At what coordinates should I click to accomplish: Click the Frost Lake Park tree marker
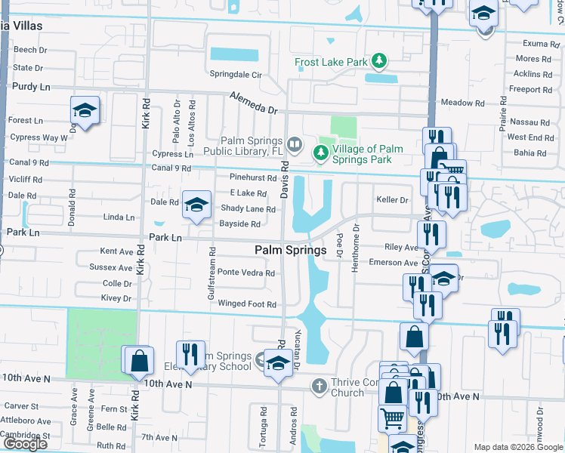382,60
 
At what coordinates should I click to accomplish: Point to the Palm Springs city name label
291,250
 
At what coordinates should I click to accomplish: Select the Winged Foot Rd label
247,304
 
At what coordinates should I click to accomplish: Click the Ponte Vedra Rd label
242,273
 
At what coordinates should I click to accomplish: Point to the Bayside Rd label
239,224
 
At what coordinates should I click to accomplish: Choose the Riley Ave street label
401,247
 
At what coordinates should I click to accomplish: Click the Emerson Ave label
393,263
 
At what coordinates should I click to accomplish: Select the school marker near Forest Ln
85,109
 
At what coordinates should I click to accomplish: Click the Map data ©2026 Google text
517,447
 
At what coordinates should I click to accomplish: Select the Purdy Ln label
31,87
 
